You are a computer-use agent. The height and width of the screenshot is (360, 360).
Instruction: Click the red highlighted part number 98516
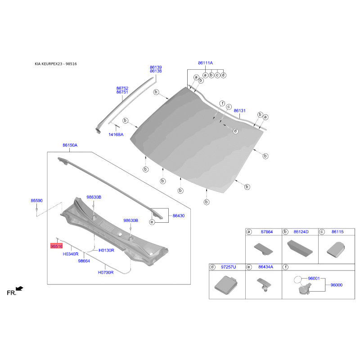[x=57, y=246]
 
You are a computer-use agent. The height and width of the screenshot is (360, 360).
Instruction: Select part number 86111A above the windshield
[x=205, y=63]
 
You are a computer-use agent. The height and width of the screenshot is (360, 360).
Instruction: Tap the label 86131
[x=239, y=111]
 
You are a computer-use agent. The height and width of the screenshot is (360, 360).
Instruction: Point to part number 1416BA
[x=116, y=135]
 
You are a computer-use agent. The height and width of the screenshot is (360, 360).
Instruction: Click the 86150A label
[x=70, y=145]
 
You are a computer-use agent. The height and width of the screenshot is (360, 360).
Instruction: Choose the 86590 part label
[x=37, y=201]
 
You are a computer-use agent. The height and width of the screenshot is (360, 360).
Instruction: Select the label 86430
[x=179, y=216]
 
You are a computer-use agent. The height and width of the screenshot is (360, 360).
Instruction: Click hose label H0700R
[x=106, y=273]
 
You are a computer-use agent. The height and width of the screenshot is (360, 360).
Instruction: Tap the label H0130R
[x=106, y=251]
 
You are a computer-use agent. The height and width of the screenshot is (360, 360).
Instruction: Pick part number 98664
[x=84, y=261]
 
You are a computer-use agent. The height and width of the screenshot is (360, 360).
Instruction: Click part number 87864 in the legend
[x=267, y=232]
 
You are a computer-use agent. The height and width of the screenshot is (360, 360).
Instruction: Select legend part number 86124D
[x=301, y=232]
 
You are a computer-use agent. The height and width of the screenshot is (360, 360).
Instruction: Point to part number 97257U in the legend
[x=229, y=267]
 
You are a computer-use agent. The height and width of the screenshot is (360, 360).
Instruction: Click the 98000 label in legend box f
[x=337, y=285]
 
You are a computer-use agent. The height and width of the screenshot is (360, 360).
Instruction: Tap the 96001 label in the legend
[x=314, y=279]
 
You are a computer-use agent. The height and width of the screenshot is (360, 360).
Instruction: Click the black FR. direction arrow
[x=19, y=288]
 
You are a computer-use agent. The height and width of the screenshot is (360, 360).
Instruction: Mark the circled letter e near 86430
[x=152, y=222]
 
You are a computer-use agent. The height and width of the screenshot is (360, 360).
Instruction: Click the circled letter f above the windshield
[x=222, y=103]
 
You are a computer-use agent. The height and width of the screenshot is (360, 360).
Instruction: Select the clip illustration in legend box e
[x=264, y=285]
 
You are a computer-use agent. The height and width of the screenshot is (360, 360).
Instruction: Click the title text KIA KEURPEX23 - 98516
[x=56, y=64]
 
